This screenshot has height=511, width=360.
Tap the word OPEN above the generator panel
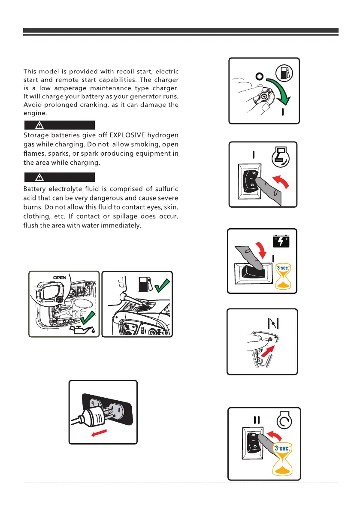tap(59, 277)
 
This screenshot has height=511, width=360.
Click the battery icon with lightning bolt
tap(281, 241)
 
